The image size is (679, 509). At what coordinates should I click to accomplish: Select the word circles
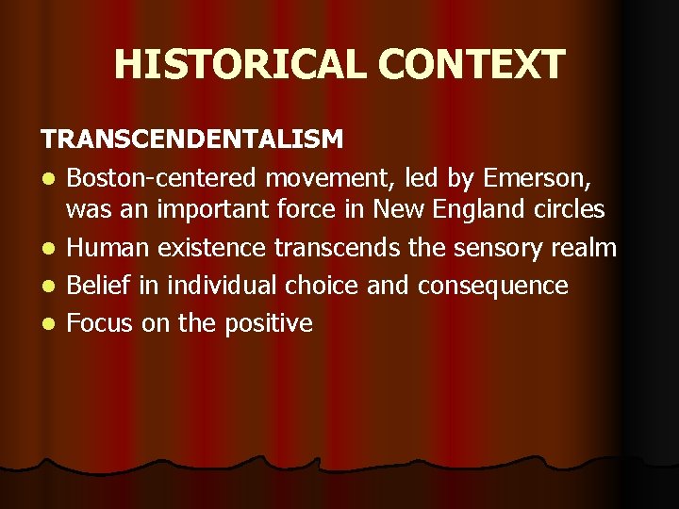pos(570,210)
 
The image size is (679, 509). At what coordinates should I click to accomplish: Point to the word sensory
pos(496,248)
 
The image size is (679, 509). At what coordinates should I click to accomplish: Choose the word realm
pos(584,248)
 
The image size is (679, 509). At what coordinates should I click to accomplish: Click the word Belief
pos(101,286)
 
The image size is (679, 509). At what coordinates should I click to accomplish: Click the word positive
pos(269,324)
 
